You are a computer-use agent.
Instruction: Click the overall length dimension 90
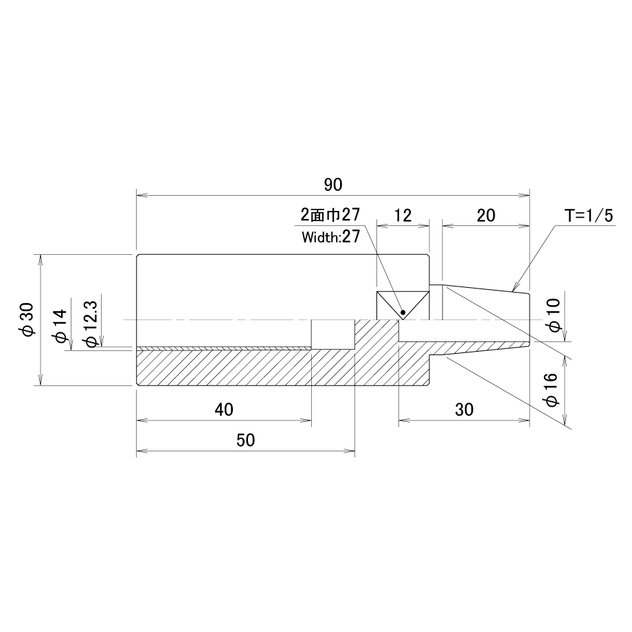click(333, 185)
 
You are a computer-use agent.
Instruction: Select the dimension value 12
click(403, 216)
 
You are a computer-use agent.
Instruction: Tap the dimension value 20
click(486, 216)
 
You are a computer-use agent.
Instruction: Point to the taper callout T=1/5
click(589, 216)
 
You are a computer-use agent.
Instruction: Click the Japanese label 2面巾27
click(330, 215)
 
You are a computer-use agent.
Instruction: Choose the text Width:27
click(330, 236)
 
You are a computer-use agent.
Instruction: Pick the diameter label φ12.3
click(91, 324)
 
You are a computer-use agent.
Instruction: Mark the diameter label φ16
click(550, 390)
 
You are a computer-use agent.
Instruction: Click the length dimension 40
click(224, 410)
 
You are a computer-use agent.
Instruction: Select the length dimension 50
click(245, 440)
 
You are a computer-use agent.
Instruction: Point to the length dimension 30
click(464, 410)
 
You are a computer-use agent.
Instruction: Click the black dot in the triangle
click(403, 313)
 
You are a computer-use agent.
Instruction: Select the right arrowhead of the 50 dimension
click(350, 451)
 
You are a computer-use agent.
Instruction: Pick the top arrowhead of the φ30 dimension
click(40, 260)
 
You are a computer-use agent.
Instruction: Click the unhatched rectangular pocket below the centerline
click(333, 335)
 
